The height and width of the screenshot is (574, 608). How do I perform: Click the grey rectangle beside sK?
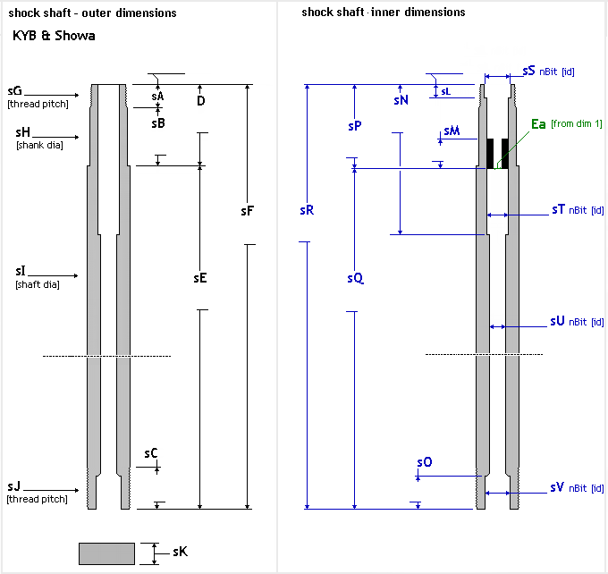[106, 553]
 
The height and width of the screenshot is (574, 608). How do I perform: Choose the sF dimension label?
[248, 211]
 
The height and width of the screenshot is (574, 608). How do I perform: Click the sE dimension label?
[200, 278]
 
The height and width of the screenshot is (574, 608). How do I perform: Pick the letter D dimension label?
[200, 100]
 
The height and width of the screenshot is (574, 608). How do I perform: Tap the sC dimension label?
[151, 453]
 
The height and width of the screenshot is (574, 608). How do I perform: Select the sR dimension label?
[307, 211]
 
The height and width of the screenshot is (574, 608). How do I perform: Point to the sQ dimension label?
[355, 278]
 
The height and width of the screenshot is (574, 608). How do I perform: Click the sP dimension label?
[354, 127]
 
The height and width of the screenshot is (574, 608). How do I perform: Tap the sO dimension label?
[424, 462]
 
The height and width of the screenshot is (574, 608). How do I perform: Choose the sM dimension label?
[452, 131]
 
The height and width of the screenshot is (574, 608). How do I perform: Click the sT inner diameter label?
[558, 210]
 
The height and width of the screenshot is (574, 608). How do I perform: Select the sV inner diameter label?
[557, 487]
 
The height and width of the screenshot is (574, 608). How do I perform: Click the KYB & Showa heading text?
[54, 37]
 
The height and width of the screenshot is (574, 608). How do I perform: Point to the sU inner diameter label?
[557, 320]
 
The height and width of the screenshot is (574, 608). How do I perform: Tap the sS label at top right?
[528, 70]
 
